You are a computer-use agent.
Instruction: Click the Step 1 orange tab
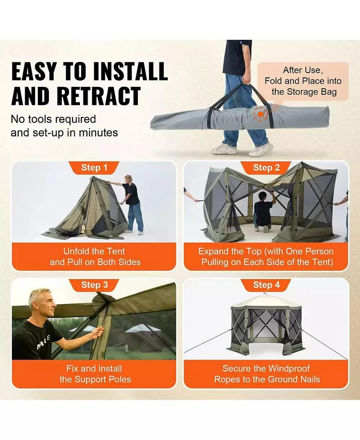click(94, 168)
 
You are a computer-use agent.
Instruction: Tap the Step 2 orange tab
click(266, 168)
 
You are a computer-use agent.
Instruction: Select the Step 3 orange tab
click(94, 285)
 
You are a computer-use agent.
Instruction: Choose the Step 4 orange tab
click(266, 285)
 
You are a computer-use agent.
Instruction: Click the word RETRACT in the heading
click(76, 96)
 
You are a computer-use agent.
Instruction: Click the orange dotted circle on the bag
click(260, 114)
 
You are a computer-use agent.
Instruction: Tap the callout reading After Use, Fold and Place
click(303, 81)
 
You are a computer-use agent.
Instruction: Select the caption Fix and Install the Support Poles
click(95, 374)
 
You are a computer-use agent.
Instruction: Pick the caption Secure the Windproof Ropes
click(266, 374)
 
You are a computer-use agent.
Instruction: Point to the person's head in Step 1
click(128, 179)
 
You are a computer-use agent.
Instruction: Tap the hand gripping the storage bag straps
click(247, 80)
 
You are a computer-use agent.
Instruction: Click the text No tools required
click(53, 119)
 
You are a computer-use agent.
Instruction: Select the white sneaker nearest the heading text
click(224, 149)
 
